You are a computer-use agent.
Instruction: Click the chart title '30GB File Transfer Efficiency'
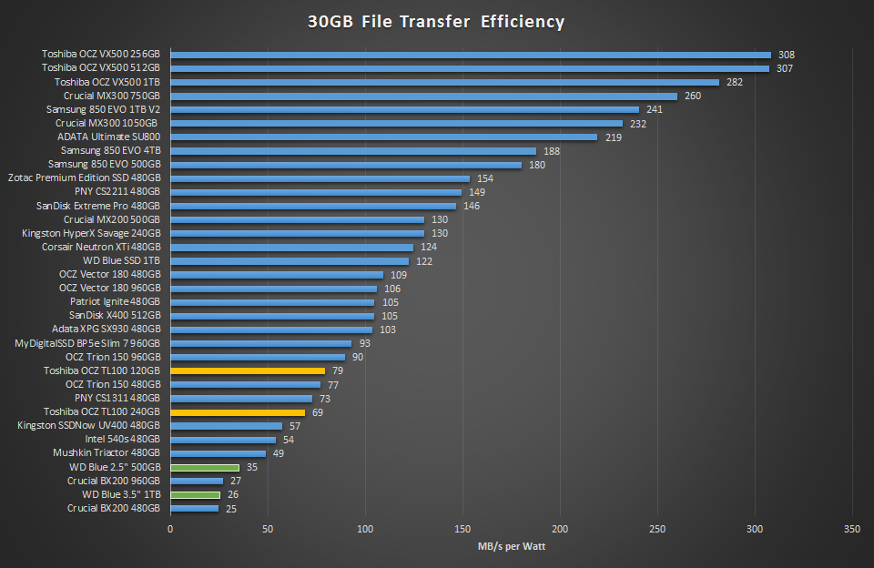click(x=436, y=21)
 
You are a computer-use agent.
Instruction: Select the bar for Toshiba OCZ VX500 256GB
click(x=470, y=55)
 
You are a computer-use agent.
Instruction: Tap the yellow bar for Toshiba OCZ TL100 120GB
click(x=247, y=371)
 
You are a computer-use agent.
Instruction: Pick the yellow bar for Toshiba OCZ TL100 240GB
click(x=237, y=412)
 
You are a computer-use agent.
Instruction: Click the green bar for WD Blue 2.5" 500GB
click(x=204, y=468)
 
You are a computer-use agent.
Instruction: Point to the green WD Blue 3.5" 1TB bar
click(x=195, y=495)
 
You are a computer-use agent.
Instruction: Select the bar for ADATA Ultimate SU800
click(x=383, y=137)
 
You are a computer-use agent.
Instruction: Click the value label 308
click(x=786, y=55)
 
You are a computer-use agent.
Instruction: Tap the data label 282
click(x=735, y=82)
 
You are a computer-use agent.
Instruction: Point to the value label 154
click(x=485, y=178)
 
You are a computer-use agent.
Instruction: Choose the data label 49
click(x=279, y=453)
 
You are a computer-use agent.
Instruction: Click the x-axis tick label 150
click(x=462, y=529)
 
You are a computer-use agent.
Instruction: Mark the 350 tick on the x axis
click(x=852, y=529)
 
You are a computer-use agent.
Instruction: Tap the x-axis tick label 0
click(x=170, y=529)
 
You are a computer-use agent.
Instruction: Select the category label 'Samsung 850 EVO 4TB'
click(x=110, y=151)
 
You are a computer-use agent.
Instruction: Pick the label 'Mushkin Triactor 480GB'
click(x=107, y=453)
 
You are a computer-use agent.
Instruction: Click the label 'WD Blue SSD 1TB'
click(x=121, y=261)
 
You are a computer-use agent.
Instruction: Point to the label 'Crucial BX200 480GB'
click(x=114, y=509)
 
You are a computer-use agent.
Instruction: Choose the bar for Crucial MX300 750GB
click(x=423, y=96)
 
